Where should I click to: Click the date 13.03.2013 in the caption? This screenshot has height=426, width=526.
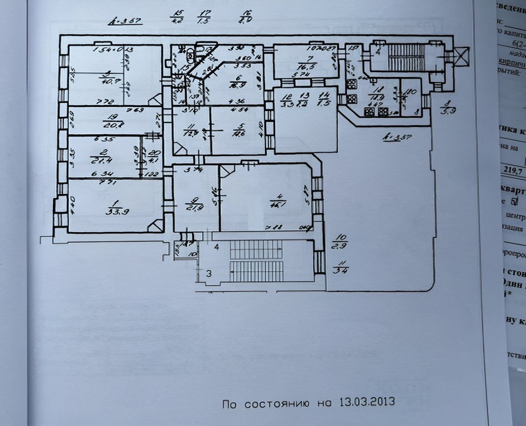pos(367,401)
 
